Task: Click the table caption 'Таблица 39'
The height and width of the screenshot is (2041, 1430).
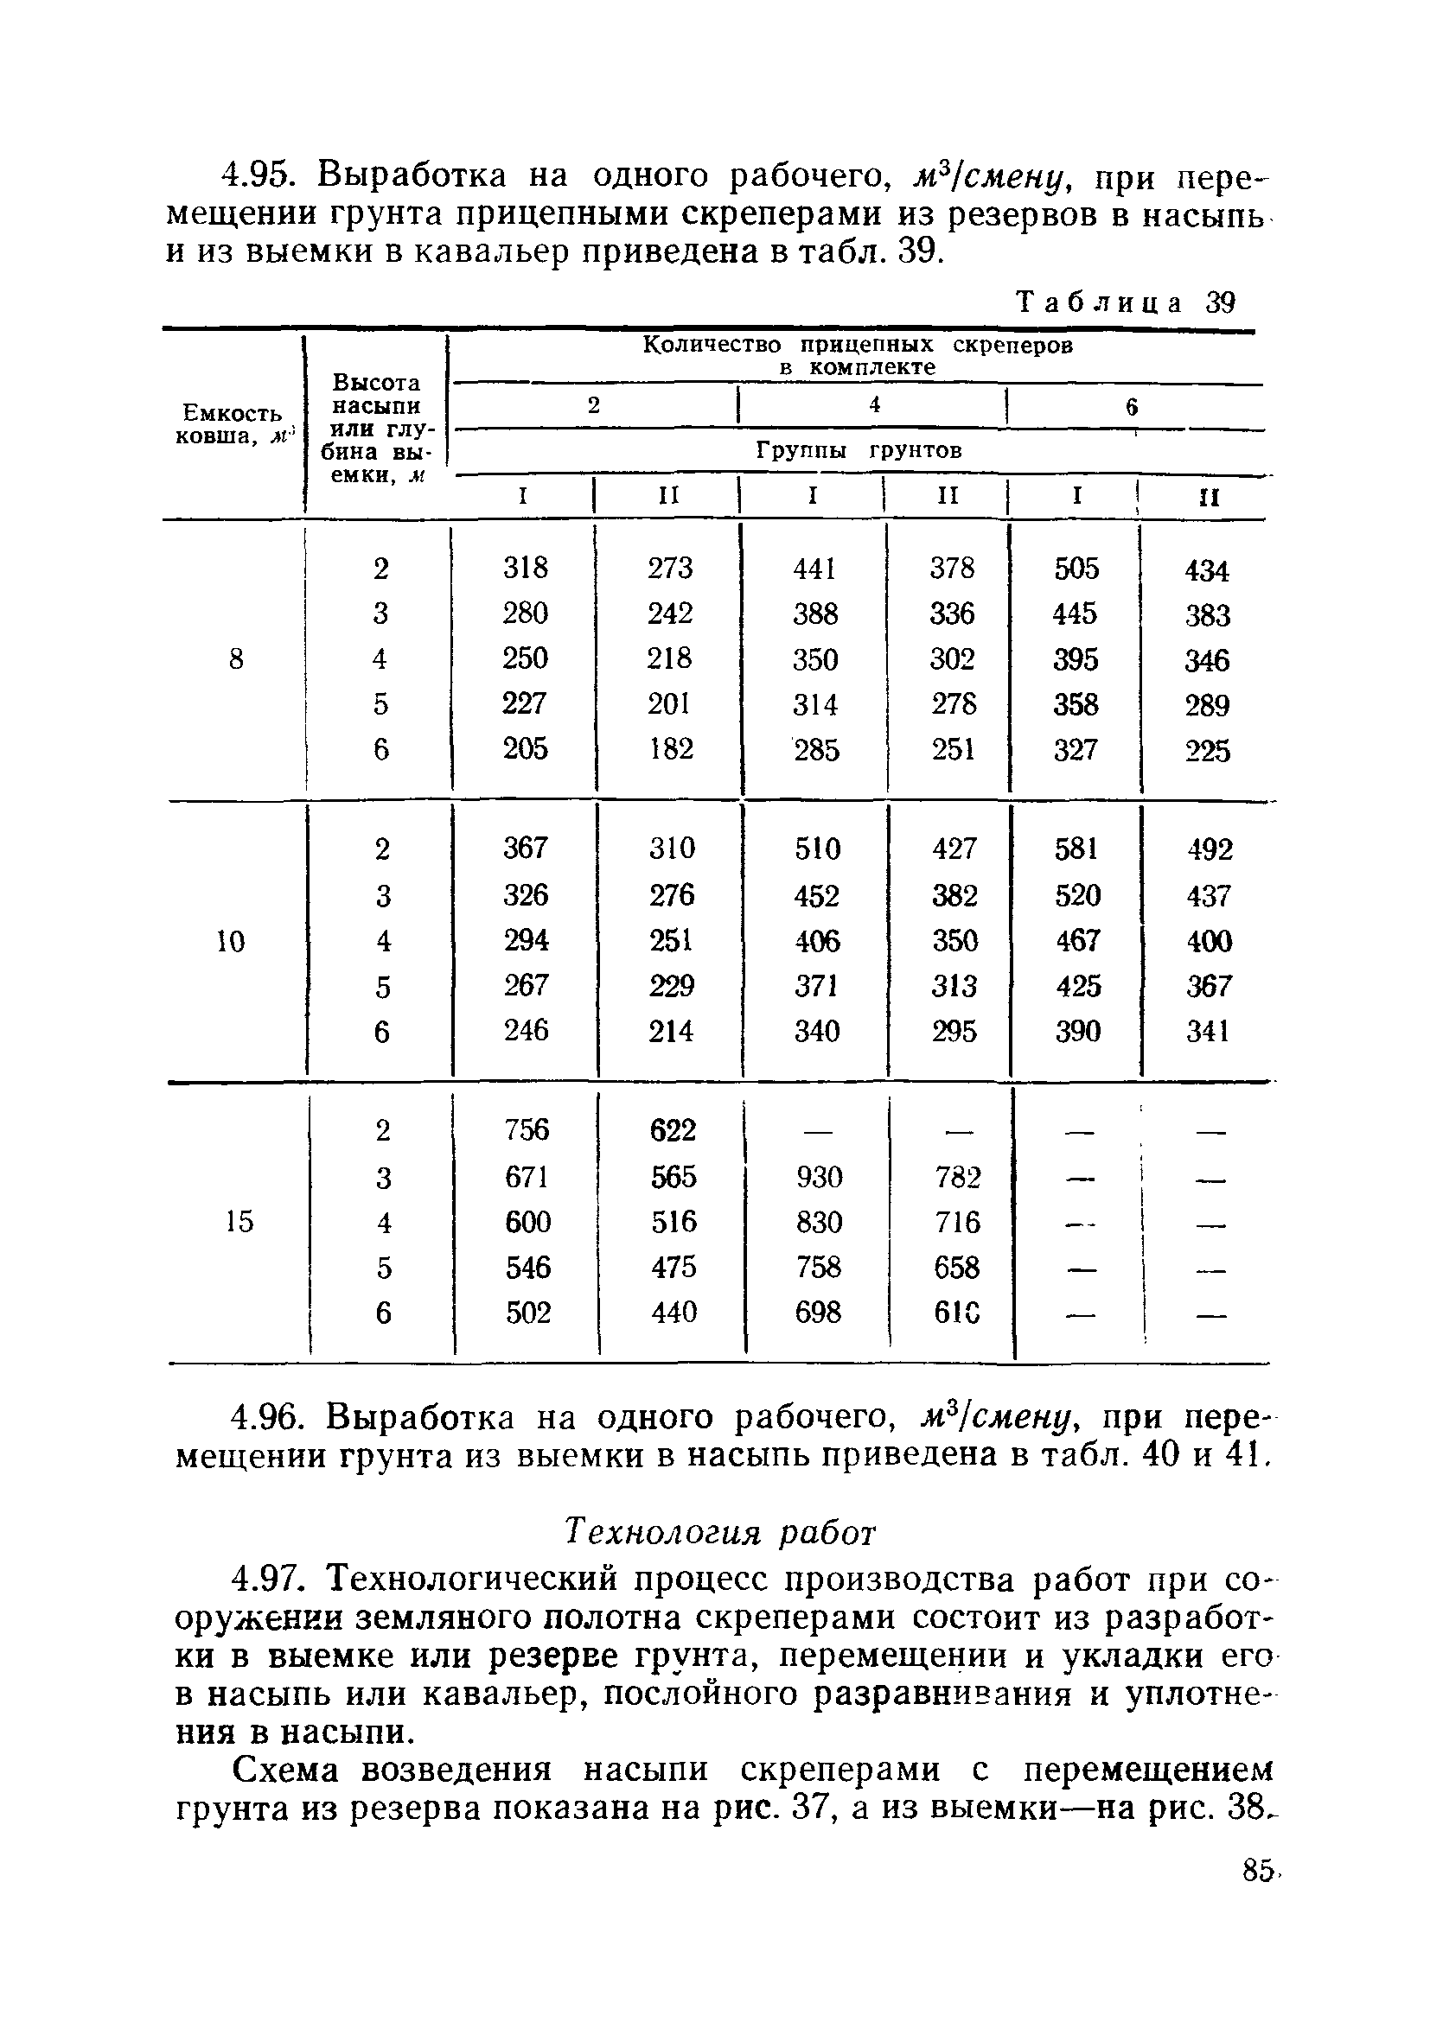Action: pyautogui.click(x=1126, y=303)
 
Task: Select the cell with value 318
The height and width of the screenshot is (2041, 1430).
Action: pyautogui.click(x=525, y=567)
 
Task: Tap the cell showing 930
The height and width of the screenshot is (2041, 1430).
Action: pyautogui.click(x=818, y=1177)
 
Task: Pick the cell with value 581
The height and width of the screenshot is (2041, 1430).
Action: pyautogui.click(x=1076, y=848)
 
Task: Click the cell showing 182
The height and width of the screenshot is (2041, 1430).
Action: pyautogui.click(x=671, y=748)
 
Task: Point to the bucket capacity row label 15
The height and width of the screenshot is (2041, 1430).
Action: pyautogui.click(x=239, y=1221)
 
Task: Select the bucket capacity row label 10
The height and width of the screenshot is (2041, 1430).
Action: pyautogui.click(x=231, y=940)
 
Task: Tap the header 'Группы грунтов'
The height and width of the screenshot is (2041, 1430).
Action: pyautogui.click(x=859, y=451)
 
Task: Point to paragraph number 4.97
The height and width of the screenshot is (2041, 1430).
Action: pyautogui.click(x=271, y=1580)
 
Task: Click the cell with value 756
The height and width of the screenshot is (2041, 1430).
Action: pyautogui.click(x=527, y=1130)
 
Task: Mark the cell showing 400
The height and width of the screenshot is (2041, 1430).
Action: pyautogui.click(x=1209, y=940)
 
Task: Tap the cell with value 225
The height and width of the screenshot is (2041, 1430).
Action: pyautogui.click(x=1207, y=751)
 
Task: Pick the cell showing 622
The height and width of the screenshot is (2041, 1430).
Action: pyautogui.click(x=673, y=1130)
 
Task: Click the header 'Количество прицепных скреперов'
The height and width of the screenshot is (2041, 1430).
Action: pyautogui.click(x=858, y=346)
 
